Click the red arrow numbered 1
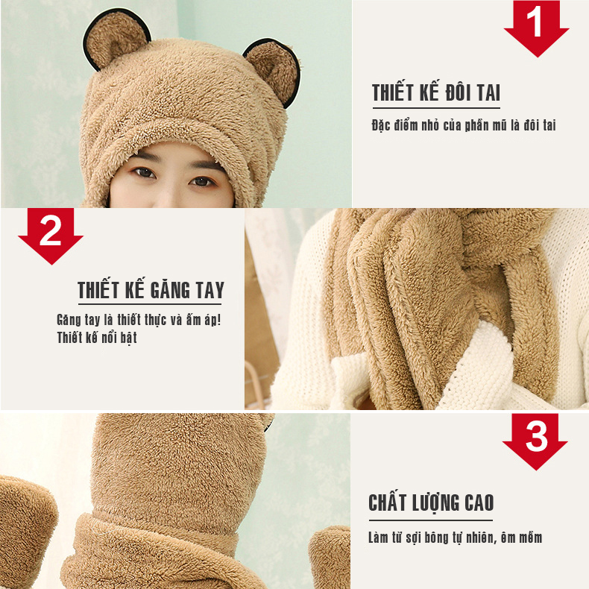(x=536, y=28)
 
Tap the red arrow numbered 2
(x=51, y=236)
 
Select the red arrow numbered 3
(x=535, y=441)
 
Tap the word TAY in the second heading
(x=210, y=289)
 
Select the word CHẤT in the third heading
(x=387, y=503)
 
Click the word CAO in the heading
(x=479, y=503)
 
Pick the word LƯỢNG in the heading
(x=435, y=503)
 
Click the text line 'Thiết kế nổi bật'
(x=97, y=337)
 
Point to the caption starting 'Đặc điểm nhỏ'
(x=464, y=125)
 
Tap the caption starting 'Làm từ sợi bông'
(x=456, y=538)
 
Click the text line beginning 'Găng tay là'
(x=139, y=320)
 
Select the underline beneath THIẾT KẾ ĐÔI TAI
(x=436, y=108)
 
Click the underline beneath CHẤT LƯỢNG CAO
(x=430, y=520)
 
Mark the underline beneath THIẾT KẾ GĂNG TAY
(x=150, y=303)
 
